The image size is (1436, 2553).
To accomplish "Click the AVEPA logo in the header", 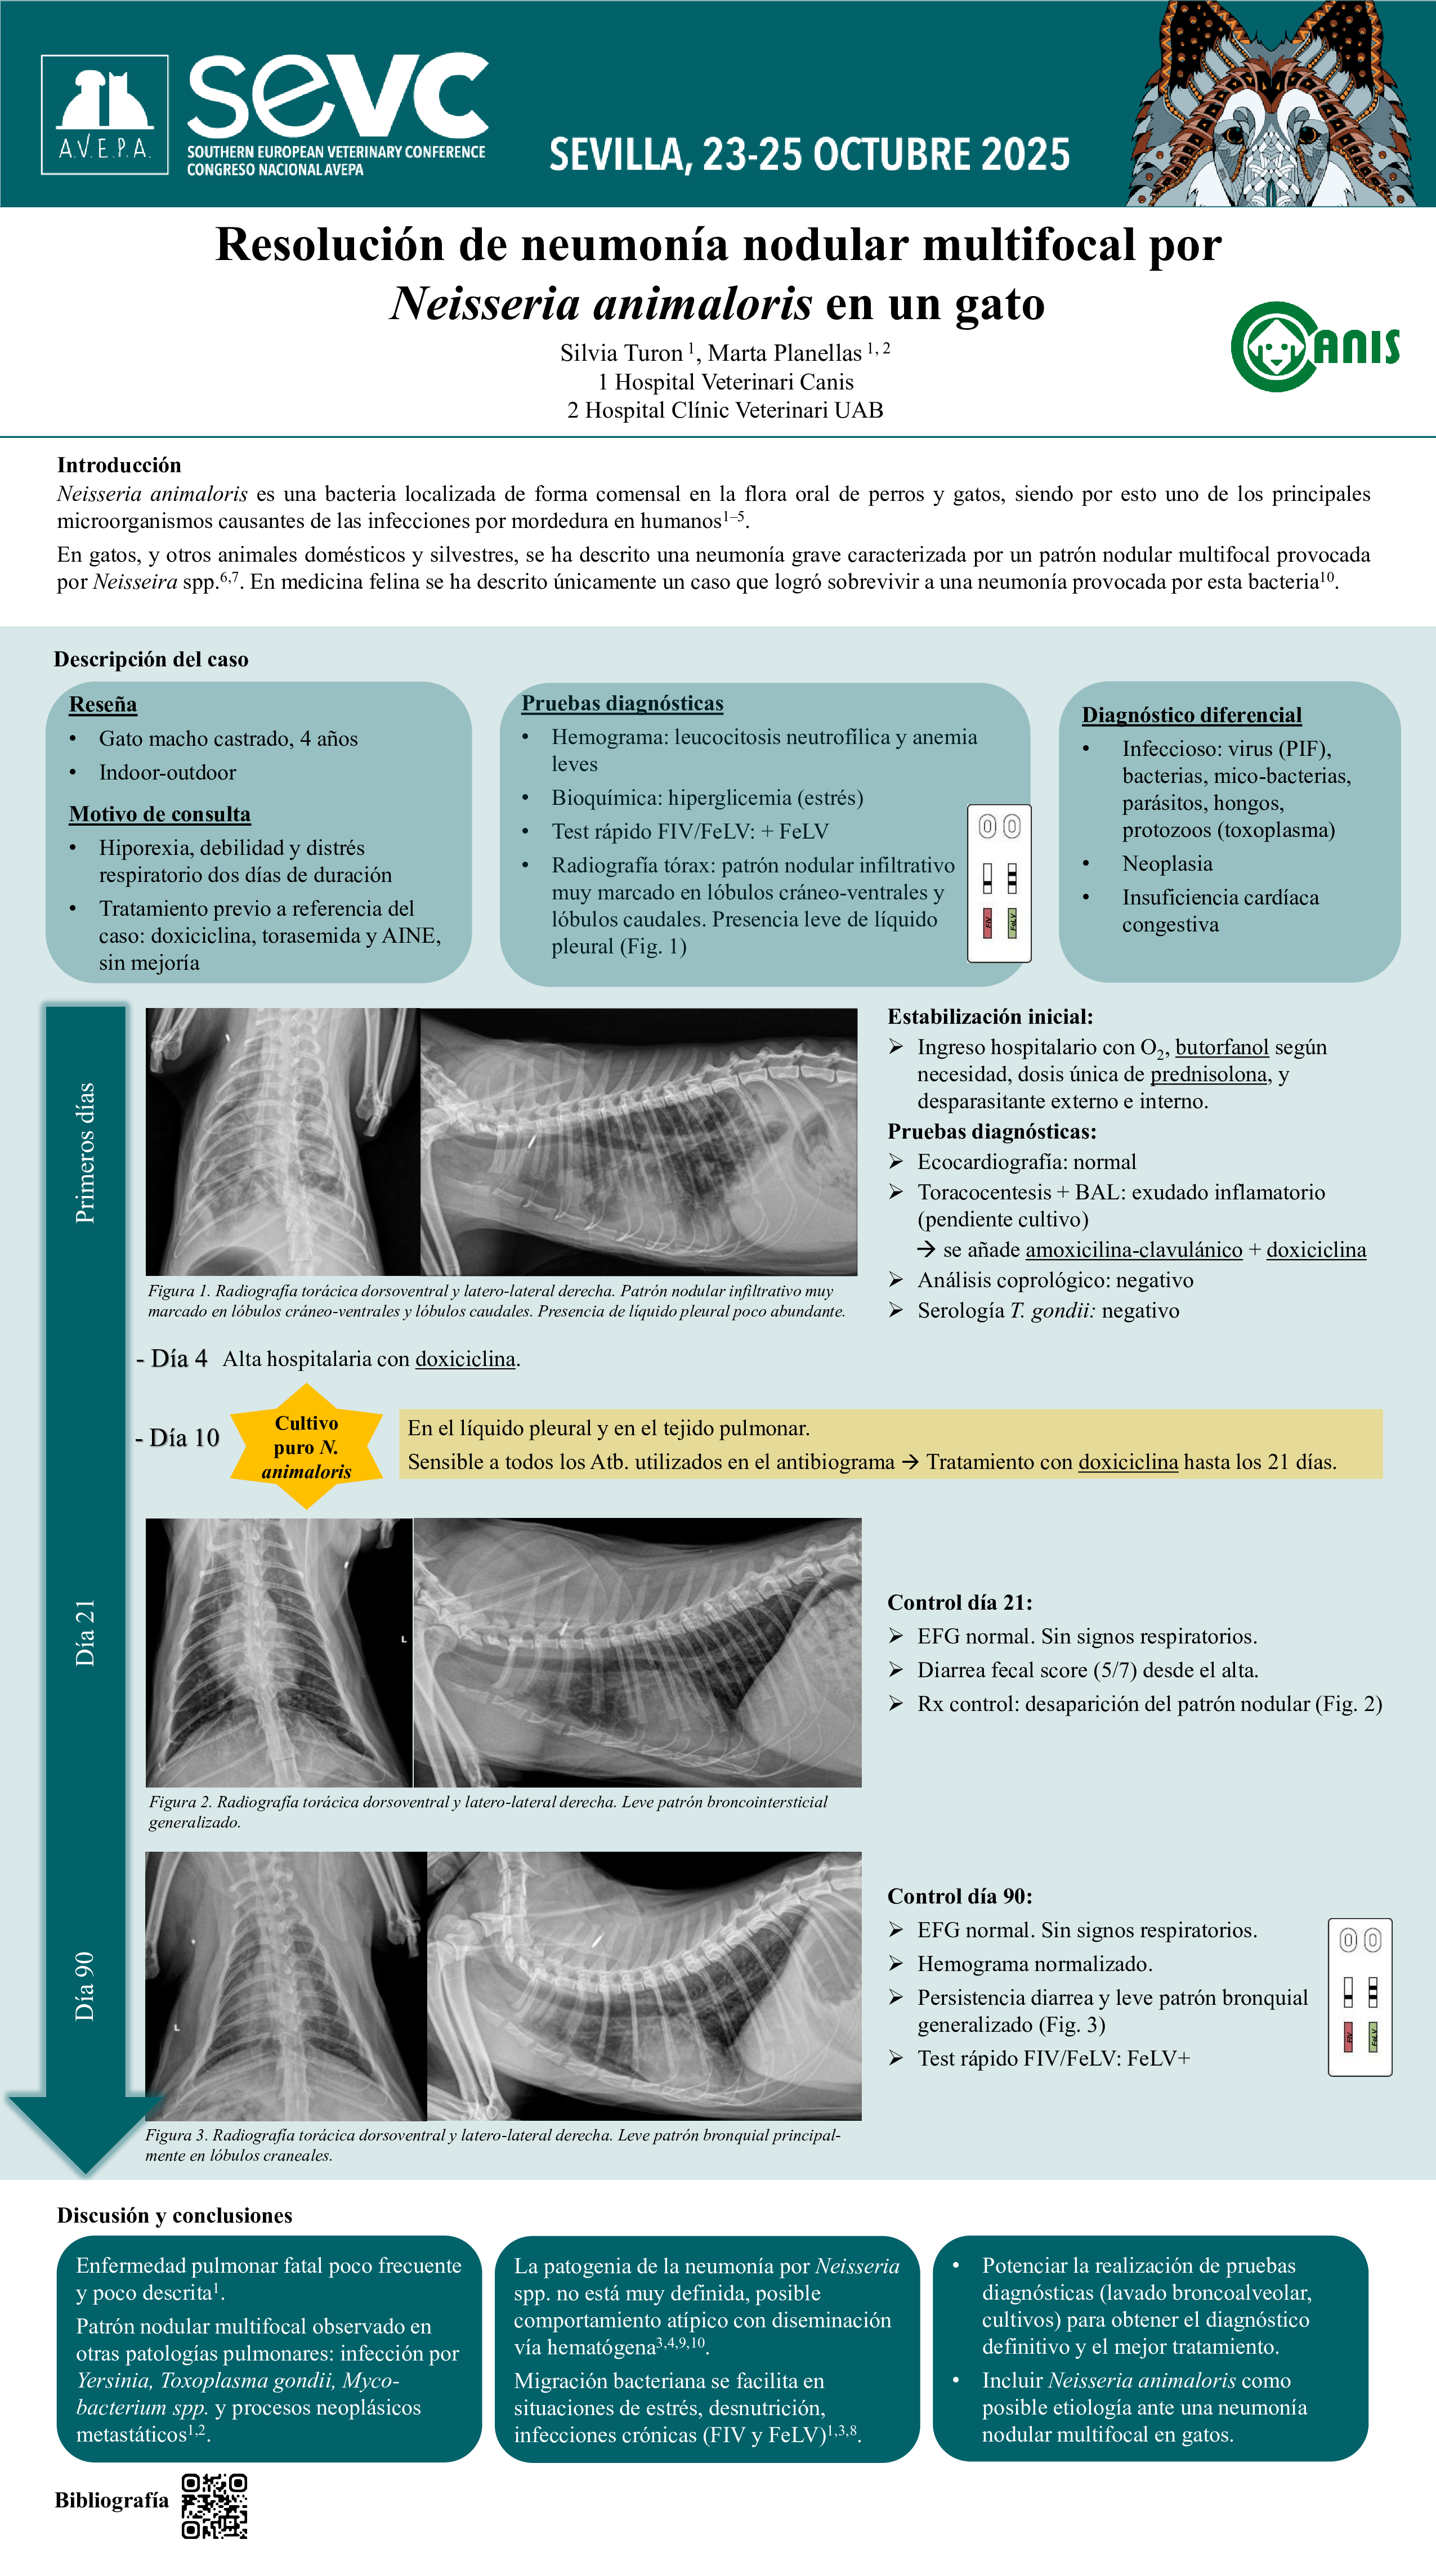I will [104, 115].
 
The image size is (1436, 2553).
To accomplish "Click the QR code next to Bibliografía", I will [214, 2505].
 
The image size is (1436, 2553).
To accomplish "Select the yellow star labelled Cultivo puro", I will [306, 1447].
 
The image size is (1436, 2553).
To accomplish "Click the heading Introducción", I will [119, 465].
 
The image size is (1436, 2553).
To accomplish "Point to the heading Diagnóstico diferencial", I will [1191, 715].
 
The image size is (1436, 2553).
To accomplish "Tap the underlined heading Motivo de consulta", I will [159, 814].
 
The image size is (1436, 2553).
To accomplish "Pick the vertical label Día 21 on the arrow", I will [85, 1632].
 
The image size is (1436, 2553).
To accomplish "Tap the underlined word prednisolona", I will [1208, 1074].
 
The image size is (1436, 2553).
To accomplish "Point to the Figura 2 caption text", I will [487, 1811].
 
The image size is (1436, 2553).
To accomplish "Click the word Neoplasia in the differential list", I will [1166, 863].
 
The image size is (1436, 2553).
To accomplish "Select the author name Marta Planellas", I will [784, 353].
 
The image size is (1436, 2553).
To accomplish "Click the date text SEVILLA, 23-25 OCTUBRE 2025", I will [809, 155].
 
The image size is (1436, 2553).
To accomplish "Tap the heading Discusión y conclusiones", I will [175, 2215].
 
